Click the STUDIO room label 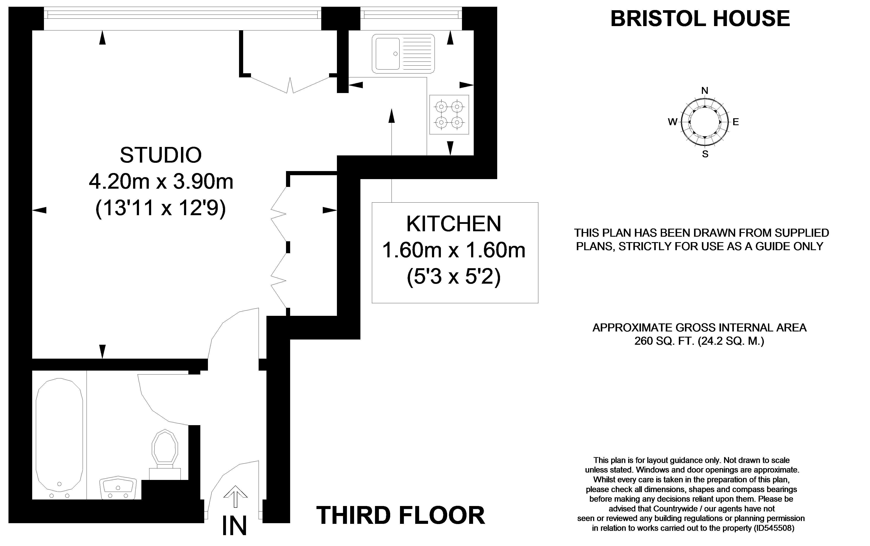point(161,155)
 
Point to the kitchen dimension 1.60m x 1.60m point(454,250)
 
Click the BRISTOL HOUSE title point(700,18)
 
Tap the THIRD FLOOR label point(401,515)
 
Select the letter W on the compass point(672,122)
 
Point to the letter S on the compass point(705,154)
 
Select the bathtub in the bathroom point(59,439)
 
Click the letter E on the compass point(736,122)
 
